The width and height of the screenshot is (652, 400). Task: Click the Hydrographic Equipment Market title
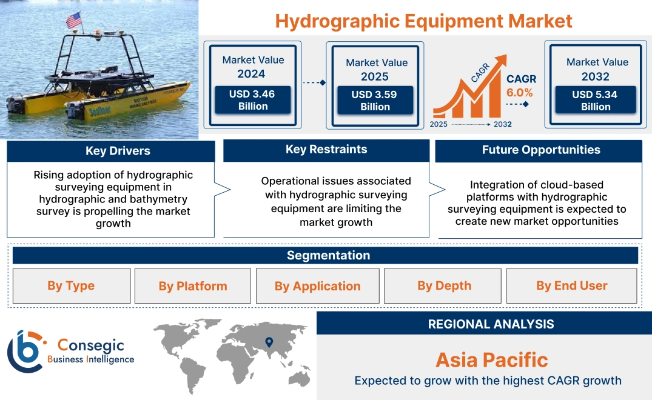pyautogui.click(x=423, y=21)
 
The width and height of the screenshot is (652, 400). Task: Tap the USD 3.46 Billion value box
pyautogui.click(x=253, y=100)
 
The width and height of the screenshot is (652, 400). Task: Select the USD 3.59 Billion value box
pyautogui.click(x=375, y=101)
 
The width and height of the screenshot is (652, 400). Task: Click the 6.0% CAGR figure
pyautogui.click(x=519, y=93)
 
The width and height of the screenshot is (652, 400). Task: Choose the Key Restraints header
pyautogui.click(x=326, y=150)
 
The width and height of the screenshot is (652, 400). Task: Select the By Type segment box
pyautogui.click(x=72, y=286)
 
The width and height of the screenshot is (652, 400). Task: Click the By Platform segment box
pyautogui.click(x=193, y=286)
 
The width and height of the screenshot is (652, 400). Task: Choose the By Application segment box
pyautogui.click(x=317, y=286)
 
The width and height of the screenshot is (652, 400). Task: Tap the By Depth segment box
pyautogui.click(x=444, y=286)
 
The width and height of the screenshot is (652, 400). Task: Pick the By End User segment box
pyautogui.click(x=571, y=286)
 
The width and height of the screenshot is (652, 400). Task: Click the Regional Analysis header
pyautogui.click(x=491, y=324)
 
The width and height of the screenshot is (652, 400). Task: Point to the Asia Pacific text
pyautogui.click(x=491, y=360)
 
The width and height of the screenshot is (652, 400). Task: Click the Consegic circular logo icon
pyautogui.click(x=25, y=351)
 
